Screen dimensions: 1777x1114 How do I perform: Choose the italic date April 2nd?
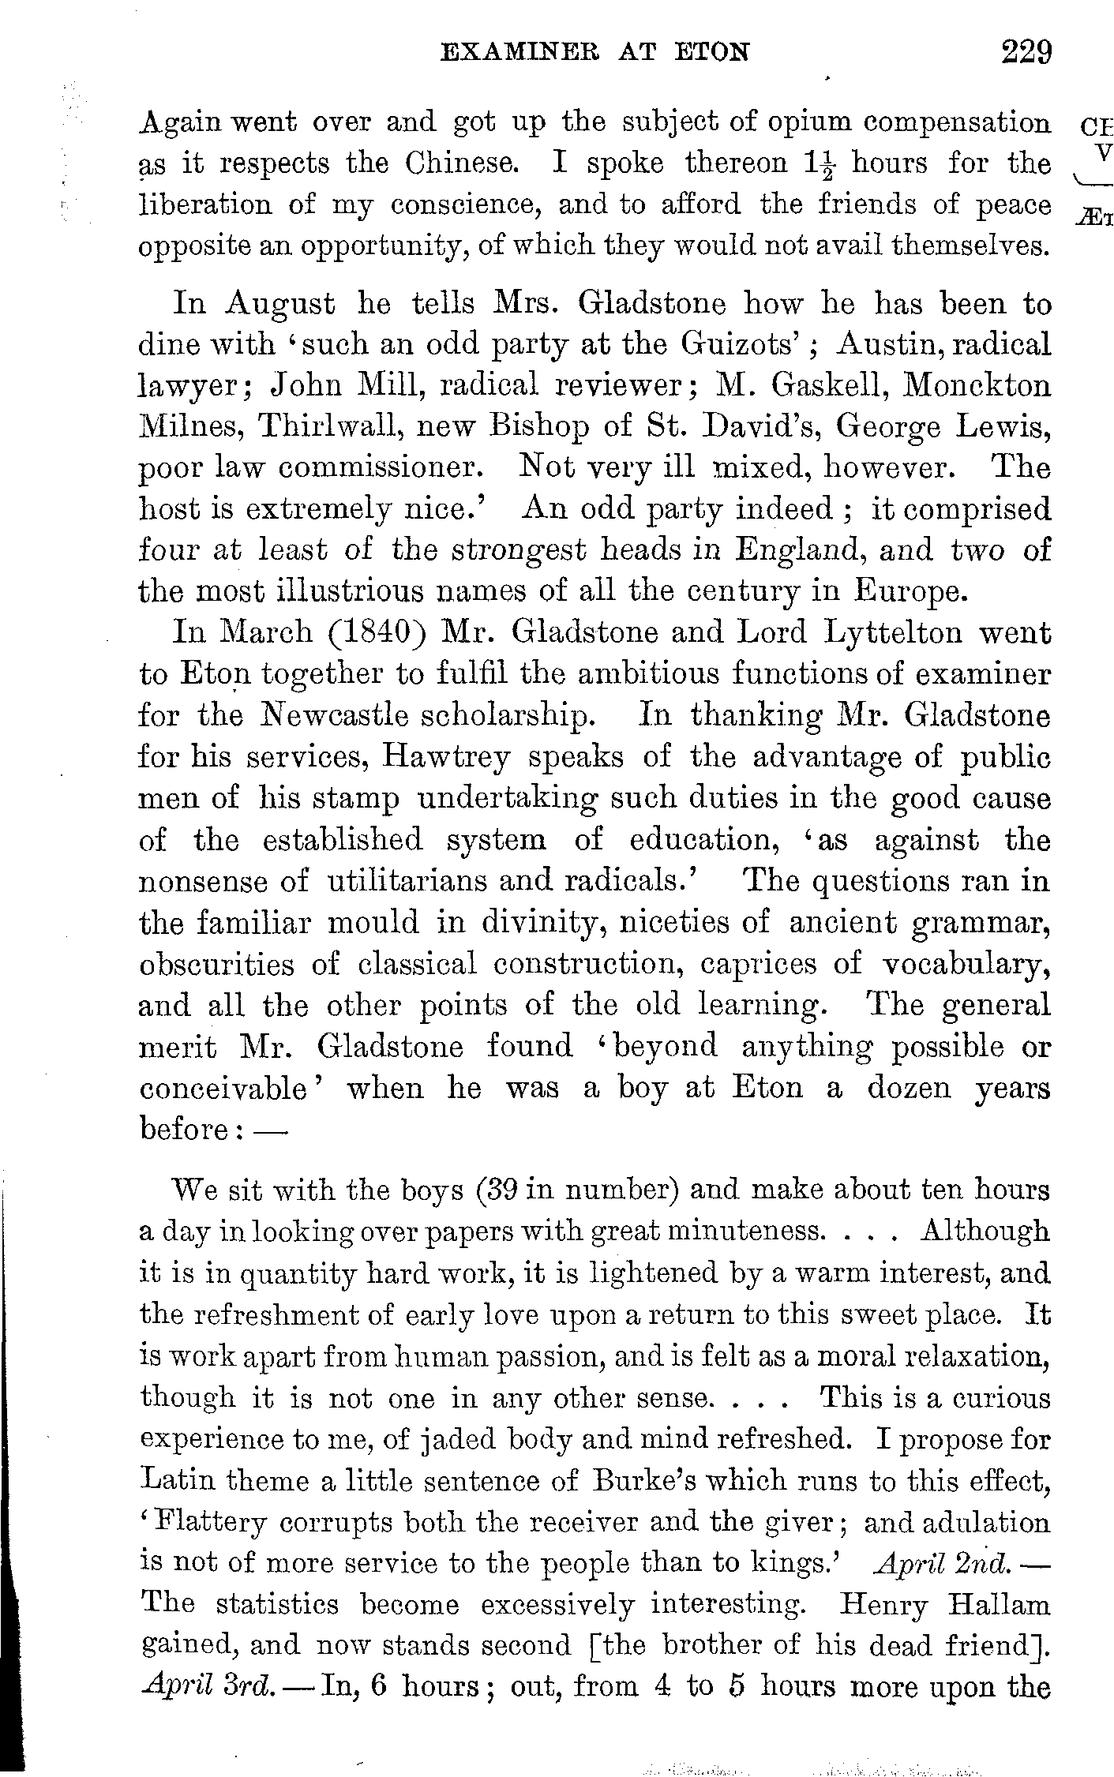coord(945,1562)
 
